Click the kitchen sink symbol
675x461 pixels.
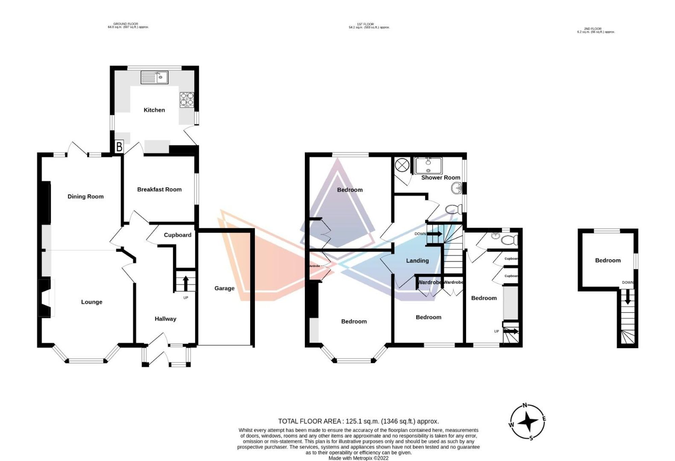[154, 77]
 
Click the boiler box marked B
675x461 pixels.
[119, 147]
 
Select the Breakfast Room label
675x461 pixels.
[159, 189]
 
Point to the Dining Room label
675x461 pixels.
[85, 197]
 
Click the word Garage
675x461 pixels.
[224, 288]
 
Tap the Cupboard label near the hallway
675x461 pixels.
[178, 235]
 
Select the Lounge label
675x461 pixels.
[91, 302]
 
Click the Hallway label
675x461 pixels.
[165, 319]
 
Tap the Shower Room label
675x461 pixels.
[440, 178]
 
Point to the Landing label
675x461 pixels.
[417, 261]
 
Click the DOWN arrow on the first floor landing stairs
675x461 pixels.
[435, 234]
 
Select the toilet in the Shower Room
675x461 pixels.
[453, 210]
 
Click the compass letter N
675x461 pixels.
[524, 405]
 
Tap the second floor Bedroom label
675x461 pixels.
[607, 260]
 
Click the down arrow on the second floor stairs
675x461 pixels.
[627, 298]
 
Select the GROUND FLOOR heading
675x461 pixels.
[126, 24]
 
